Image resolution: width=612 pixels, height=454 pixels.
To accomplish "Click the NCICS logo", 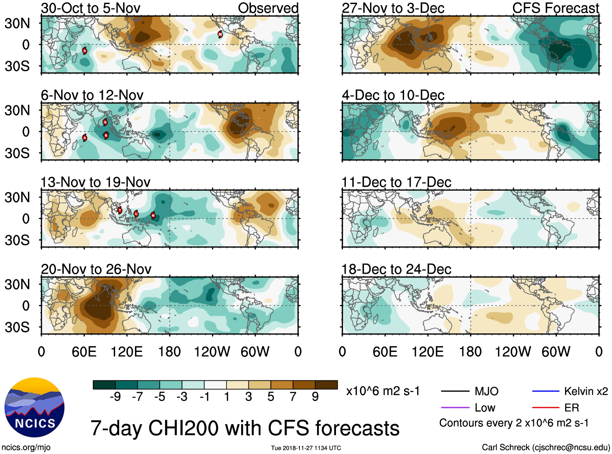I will pos(34,407).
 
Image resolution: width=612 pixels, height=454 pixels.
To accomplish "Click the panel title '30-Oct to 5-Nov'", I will pos(91,8).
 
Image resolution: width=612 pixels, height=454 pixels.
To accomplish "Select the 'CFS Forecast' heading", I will pos(555,8).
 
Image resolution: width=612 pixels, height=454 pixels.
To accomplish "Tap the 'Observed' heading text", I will pos(268,8).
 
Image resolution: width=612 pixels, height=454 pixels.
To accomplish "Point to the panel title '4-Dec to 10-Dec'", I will pos(393,95).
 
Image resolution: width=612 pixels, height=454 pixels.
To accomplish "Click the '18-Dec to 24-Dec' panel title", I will pos(396,269).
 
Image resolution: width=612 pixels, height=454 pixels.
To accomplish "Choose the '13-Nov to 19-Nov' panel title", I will pos(96,182).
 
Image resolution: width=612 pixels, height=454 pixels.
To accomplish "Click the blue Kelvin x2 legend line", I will pos(546,391).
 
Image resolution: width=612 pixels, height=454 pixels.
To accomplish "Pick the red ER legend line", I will pos(546,407).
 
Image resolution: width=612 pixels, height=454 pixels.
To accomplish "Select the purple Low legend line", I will pos(455,407).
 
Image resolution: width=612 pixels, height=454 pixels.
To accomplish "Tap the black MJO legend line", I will pos(455,391).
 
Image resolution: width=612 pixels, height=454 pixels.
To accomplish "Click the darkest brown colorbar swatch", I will pos(326,385).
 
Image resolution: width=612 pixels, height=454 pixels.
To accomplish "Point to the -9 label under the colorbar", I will pos(116,397).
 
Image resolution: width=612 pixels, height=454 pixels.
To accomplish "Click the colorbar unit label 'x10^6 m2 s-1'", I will pos(383,391).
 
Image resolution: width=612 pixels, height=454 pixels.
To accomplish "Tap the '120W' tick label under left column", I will pos(212,352).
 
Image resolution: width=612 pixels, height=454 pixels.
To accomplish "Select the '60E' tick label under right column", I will pos(385,352).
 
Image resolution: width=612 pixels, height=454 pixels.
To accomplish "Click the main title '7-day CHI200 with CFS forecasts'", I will pos(245,428).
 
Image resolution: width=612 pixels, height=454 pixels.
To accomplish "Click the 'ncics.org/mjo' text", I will pos(26,448).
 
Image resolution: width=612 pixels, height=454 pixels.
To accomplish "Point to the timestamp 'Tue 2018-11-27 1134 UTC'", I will pos(306,448).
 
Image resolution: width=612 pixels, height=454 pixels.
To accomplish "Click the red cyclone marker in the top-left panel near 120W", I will pos(220,34).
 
